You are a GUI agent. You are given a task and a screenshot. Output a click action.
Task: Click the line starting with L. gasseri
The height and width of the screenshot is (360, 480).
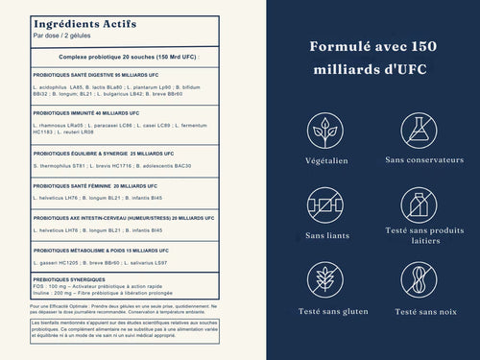coord(102,262)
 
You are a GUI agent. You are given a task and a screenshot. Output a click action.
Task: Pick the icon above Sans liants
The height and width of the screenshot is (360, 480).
coord(326,204)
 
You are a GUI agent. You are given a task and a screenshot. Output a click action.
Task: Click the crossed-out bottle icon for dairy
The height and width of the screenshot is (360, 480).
coord(420,204)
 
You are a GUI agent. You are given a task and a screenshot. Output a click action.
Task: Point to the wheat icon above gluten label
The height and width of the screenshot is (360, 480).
coord(326,279)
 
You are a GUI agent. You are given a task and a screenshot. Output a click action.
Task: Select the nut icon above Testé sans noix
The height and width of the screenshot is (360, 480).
coord(420,279)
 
